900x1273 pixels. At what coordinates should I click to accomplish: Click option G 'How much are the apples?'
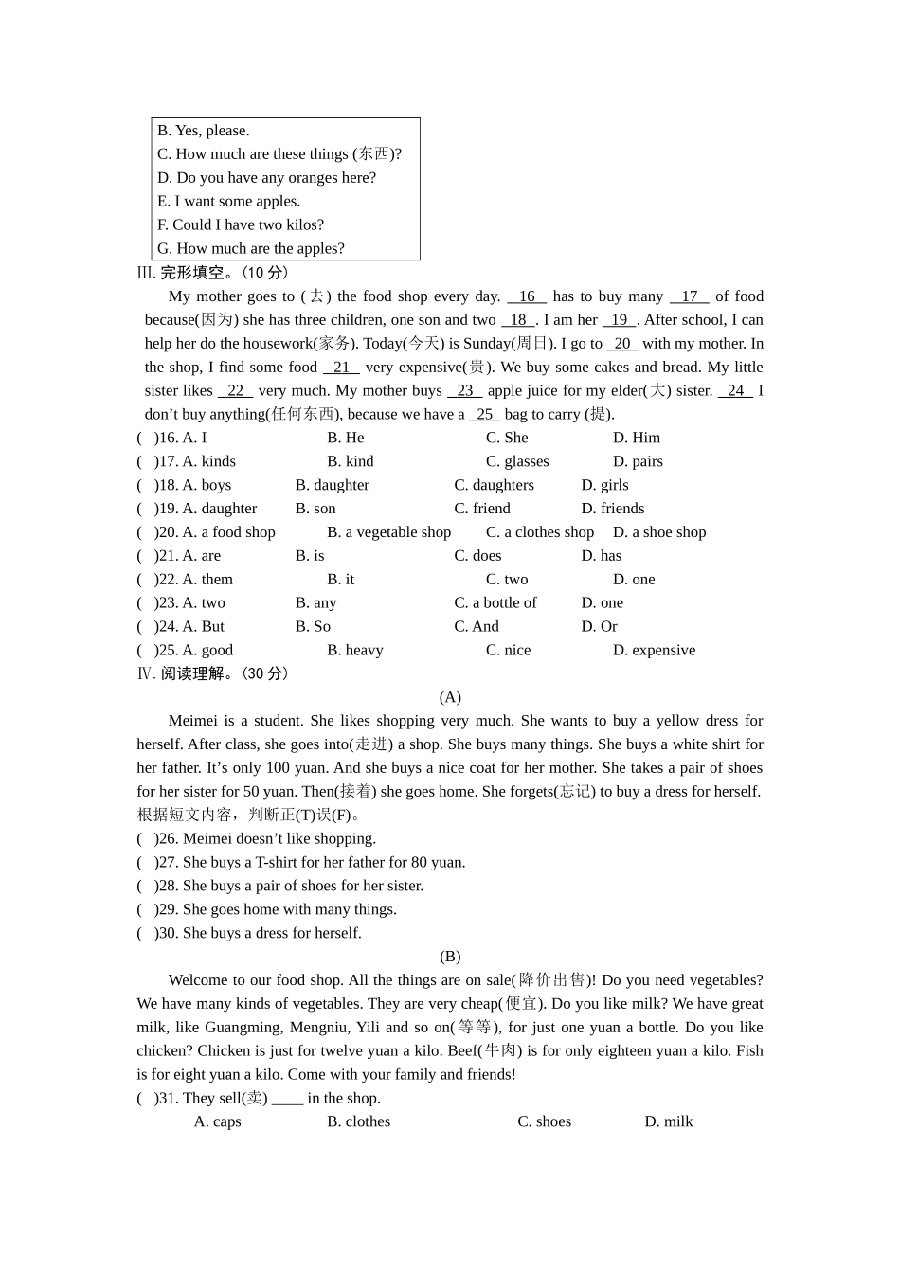tap(251, 248)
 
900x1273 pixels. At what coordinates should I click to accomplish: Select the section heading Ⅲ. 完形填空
tap(212, 273)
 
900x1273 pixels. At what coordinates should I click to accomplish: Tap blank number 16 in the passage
tap(527, 296)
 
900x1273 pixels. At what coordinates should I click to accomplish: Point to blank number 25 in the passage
tap(484, 414)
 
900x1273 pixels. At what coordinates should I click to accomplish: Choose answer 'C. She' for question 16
tap(507, 438)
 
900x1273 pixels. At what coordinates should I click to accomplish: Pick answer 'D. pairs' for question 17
tap(638, 461)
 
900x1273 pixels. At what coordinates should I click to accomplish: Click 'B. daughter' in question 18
tap(332, 485)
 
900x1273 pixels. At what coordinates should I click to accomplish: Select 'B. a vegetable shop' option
tap(388, 532)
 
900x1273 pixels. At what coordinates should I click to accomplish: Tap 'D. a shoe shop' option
tap(659, 532)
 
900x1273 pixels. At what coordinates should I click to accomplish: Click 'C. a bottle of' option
tap(495, 602)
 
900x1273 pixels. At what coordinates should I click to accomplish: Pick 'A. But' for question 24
tap(203, 626)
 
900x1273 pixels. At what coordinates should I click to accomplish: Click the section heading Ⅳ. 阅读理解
tap(212, 673)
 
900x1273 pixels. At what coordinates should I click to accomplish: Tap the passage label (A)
tap(450, 697)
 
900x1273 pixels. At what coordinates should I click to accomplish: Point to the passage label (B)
tap(450, 957)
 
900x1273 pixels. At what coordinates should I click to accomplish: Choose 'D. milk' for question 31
tap(669, 1121)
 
